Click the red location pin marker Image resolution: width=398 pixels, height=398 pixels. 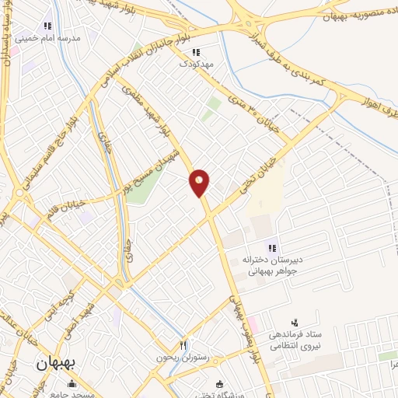200,182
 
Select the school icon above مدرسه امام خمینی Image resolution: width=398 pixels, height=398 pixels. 47,24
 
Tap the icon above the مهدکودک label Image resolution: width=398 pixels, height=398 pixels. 196,52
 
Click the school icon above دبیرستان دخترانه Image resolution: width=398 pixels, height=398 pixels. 273,248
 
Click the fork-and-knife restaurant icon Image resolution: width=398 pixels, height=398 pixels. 183,344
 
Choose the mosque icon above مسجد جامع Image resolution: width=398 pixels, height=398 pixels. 72,382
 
